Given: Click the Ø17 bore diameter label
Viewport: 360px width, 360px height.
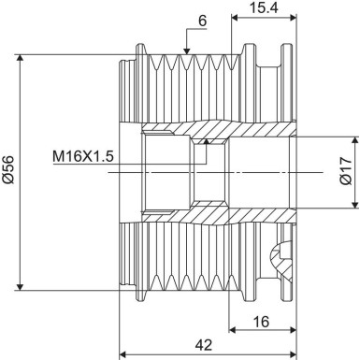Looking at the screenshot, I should [x=345, y=170].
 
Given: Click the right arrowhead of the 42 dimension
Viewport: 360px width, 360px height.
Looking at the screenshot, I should [x=292, y=354].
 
